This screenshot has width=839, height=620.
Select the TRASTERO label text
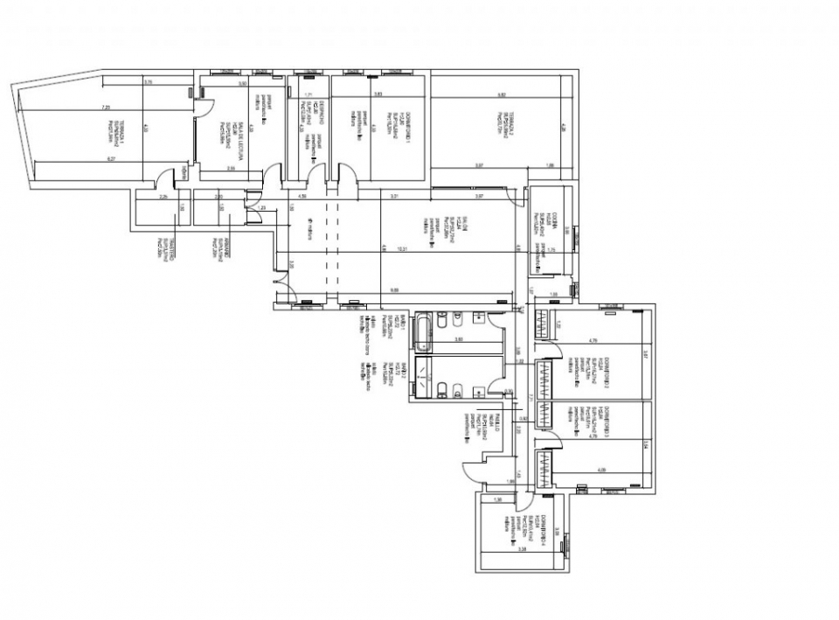coord(174,247)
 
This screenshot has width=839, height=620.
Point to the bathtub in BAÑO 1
coord(424,331)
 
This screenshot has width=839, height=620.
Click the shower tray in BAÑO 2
coord(424,377)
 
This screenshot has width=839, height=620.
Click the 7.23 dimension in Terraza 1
coord(107,107)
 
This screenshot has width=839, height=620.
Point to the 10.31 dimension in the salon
coord(402,249)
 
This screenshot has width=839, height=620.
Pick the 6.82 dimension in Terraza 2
coord(503,94)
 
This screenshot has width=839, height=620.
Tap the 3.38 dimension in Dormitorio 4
coord(522,550)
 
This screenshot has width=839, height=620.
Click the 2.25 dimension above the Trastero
coord(163,198)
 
